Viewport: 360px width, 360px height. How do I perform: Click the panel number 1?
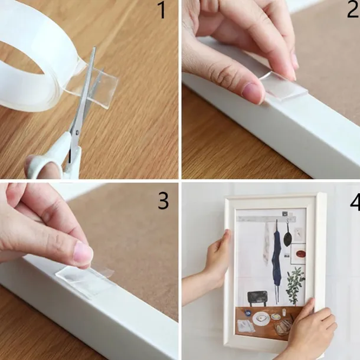coord(162,11)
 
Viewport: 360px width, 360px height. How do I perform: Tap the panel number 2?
coord(354,10)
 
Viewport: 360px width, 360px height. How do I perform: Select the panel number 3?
coord(163,201)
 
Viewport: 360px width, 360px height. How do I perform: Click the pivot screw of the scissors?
coord(77,132)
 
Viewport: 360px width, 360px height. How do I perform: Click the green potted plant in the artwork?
coord(296,286)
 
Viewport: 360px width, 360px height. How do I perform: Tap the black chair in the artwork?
coord(257,298)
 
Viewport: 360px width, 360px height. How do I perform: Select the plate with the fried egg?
coord(261,319)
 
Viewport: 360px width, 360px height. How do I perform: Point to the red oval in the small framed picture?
coord(301,254)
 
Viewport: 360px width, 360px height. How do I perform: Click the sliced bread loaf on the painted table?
coord(283,328)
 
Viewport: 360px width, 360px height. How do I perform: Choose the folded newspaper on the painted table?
coord(246,326)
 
